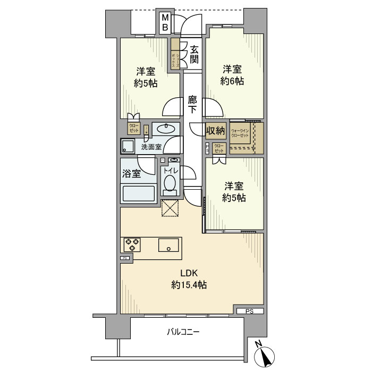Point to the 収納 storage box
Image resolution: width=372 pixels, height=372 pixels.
click(216, 131)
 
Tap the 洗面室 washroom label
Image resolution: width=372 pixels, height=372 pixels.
click(151, 147)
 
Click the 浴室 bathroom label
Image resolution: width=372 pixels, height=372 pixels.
click(132, 173)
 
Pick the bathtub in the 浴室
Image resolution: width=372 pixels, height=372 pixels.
click(138, 193)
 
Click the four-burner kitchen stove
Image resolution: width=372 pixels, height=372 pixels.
click(132, 244)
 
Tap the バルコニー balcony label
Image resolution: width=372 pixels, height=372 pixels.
click(183, 332)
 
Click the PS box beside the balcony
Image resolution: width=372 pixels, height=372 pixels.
click(249, 311)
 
